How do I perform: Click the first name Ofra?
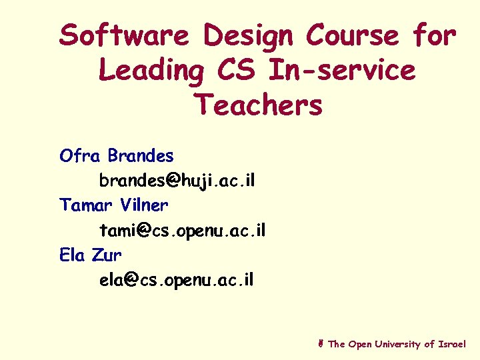[x=80, y=156]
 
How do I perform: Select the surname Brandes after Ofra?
[x=141, y=156]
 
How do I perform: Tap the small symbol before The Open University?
[x=321, y=344]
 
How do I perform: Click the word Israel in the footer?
[x=453, y=344]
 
